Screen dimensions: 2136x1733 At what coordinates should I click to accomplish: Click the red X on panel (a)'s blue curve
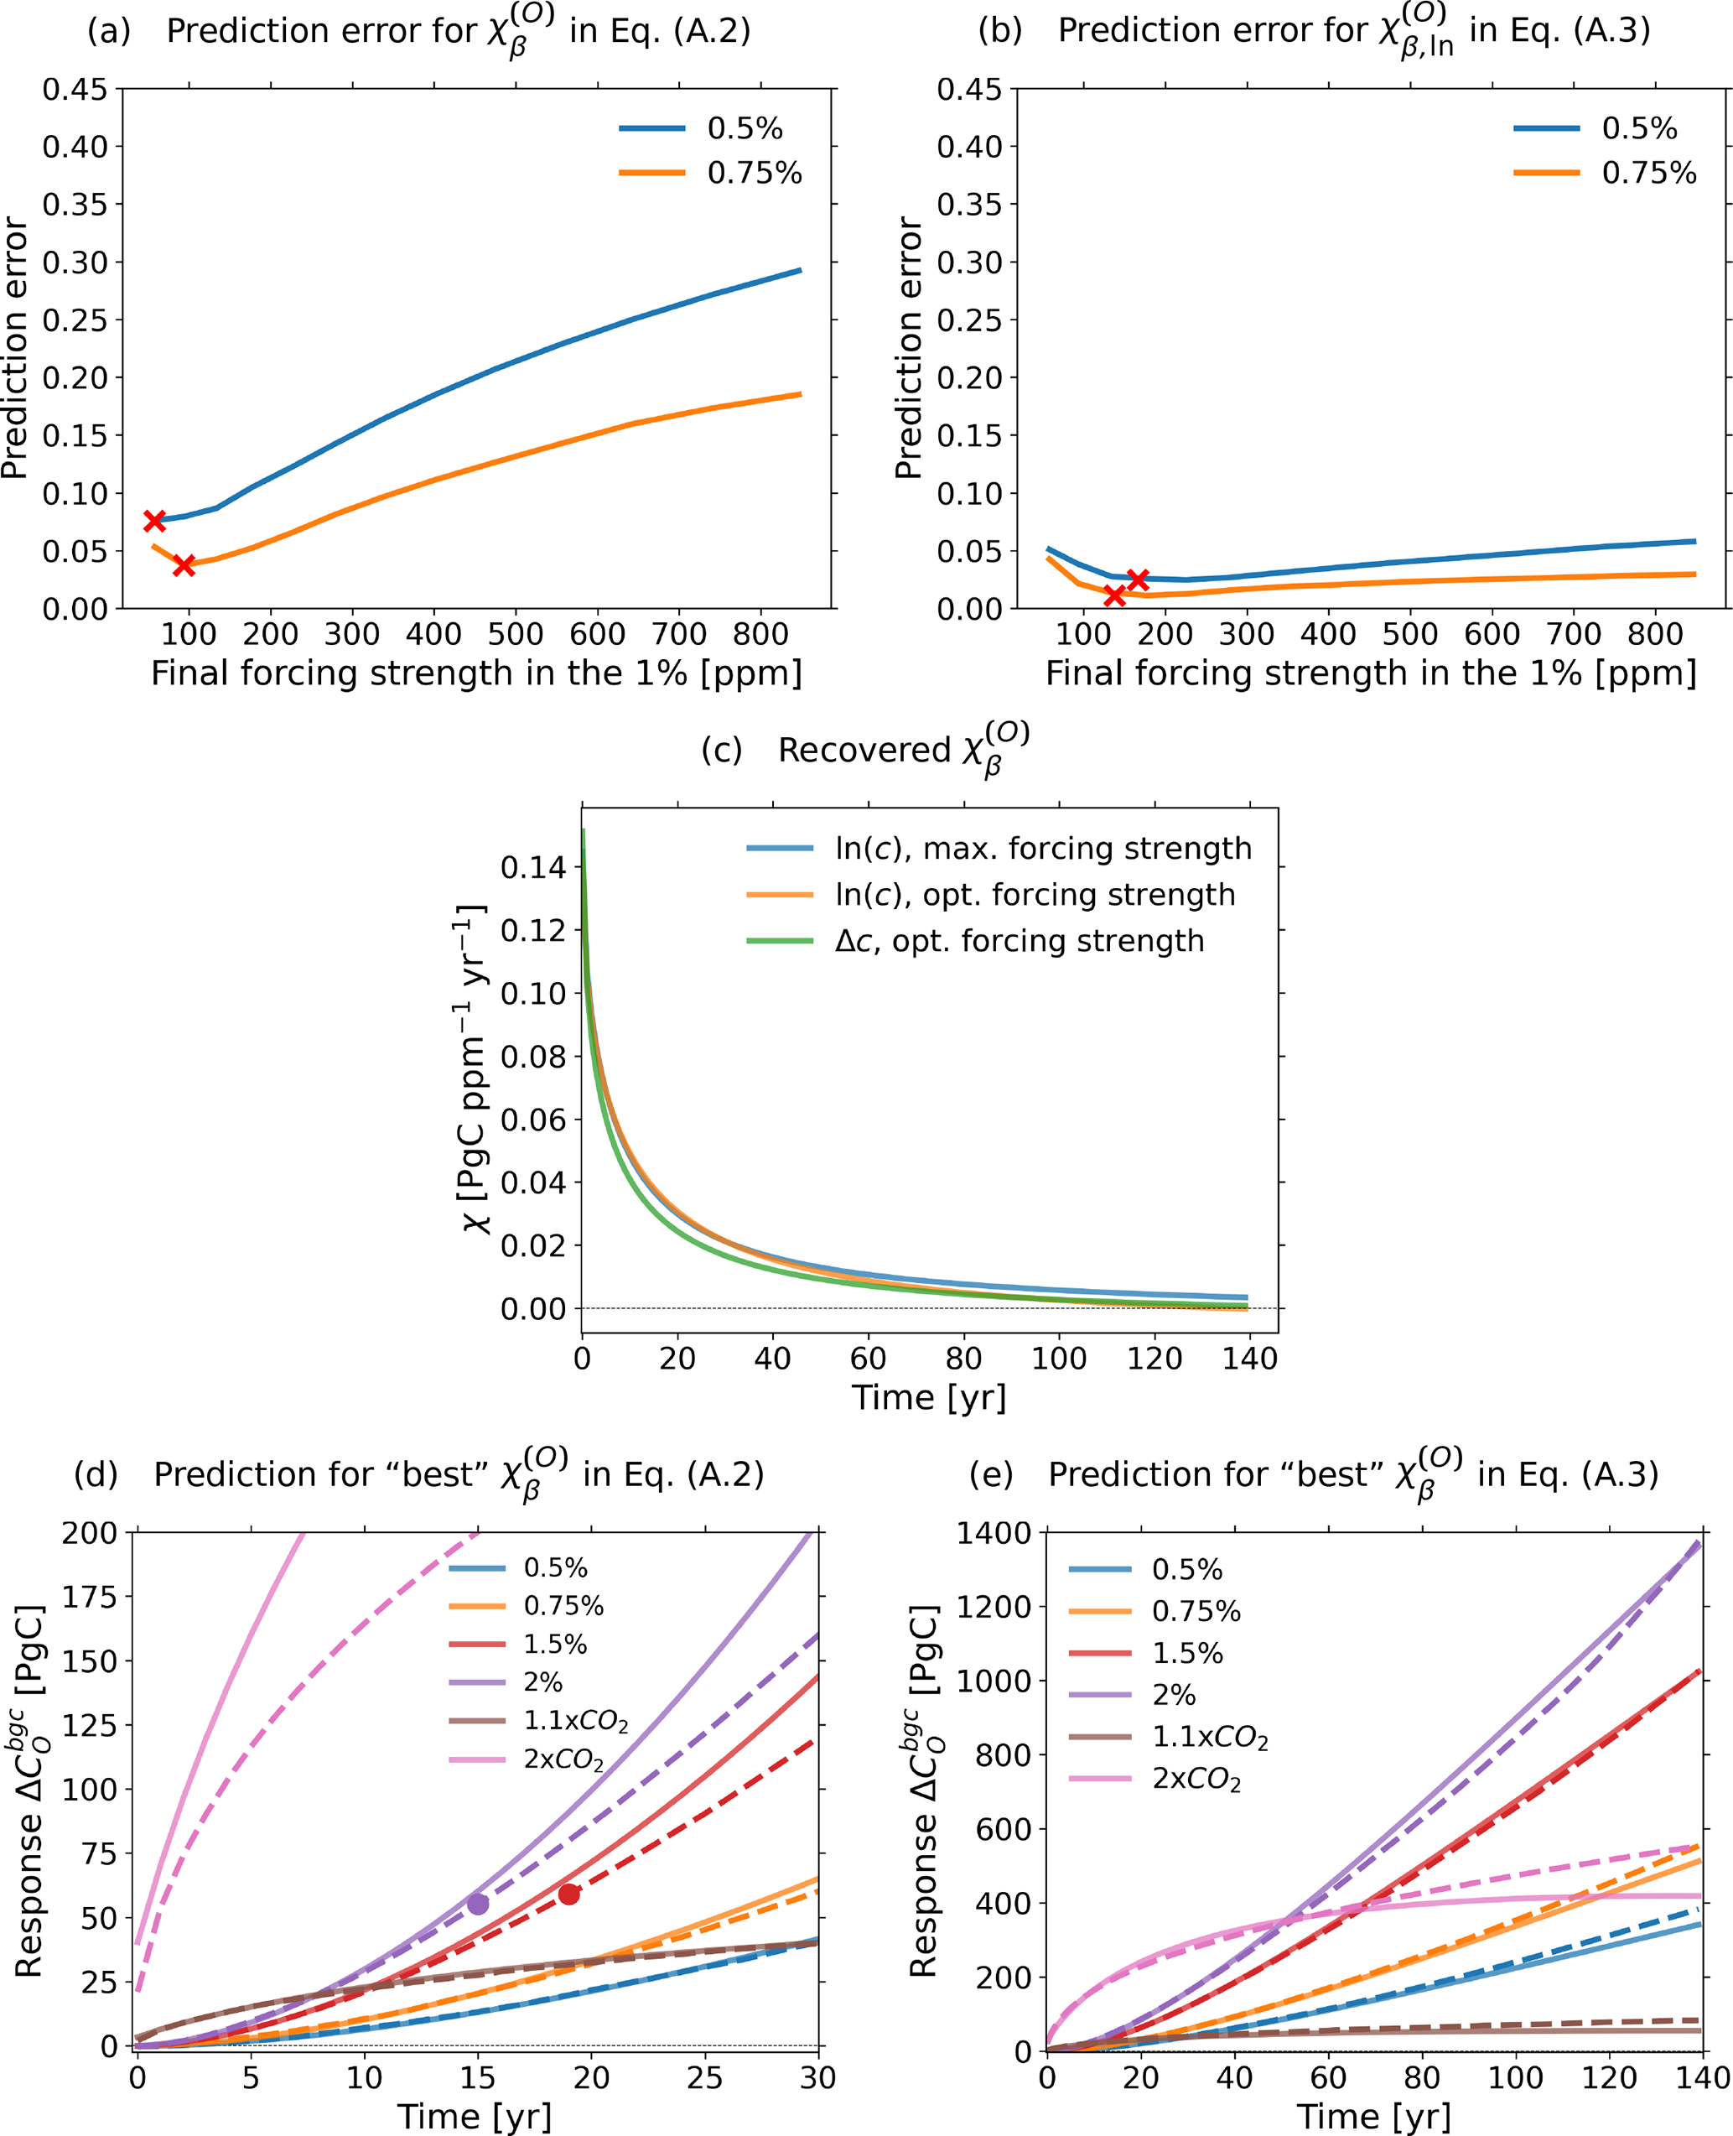coord(153,520)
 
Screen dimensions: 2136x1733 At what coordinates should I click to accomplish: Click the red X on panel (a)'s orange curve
coord(184,565)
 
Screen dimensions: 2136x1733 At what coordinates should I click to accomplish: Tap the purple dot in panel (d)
coord(478,1904)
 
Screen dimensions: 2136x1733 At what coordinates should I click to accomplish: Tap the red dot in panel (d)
coord(569,1894)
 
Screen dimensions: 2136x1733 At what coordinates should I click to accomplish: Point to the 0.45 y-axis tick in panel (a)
coord(75,89)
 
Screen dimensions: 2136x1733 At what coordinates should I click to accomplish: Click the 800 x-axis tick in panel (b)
coord(1655,633)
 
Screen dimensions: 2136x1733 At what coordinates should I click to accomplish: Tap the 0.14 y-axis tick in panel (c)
coord(533,867)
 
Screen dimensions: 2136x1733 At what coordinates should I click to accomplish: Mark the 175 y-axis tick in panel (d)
coord(89,1597)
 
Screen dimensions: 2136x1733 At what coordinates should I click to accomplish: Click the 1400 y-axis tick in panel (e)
coord(994,1533)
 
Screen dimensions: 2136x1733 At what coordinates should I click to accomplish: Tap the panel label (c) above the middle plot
coord(721,750)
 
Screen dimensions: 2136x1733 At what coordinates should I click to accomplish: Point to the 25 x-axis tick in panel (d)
coord(705,2078)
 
